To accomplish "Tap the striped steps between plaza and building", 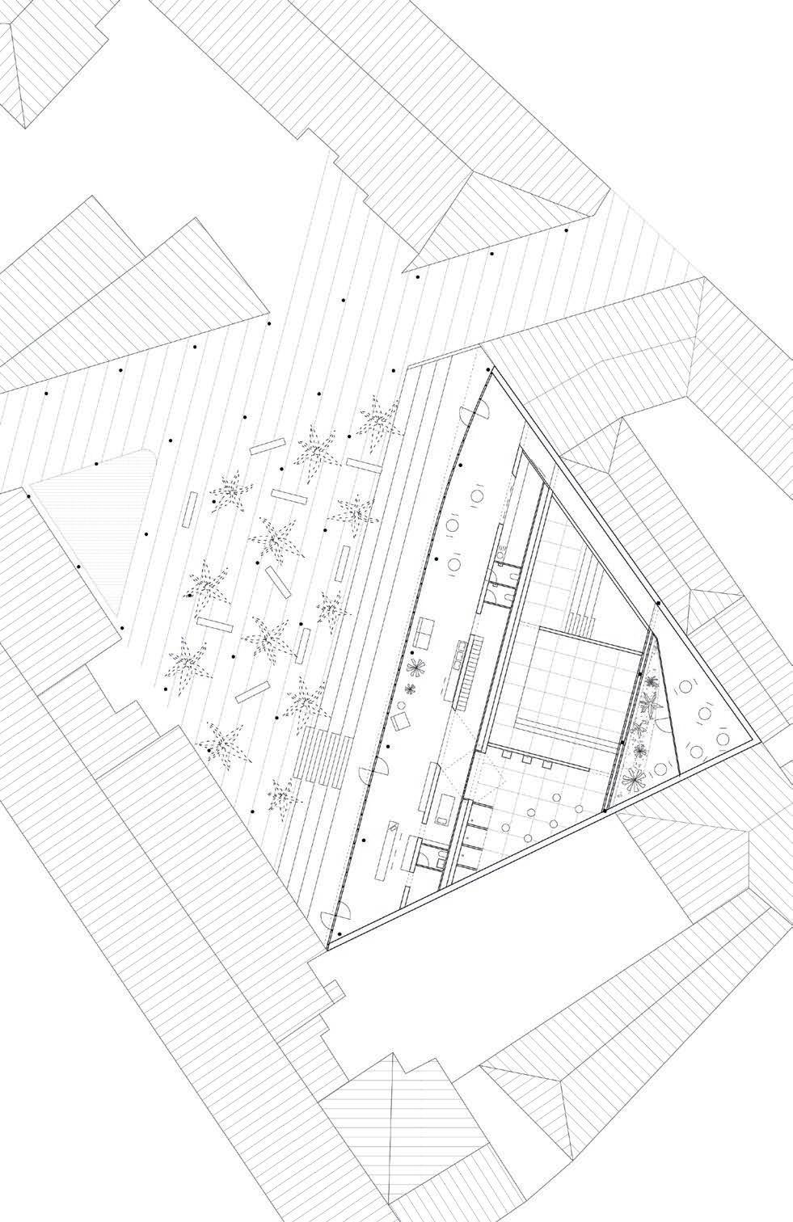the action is (x=328, y=756).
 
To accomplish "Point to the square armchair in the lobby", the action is (x=400, y=722).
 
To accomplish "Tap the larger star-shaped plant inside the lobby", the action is (x=417, y=668).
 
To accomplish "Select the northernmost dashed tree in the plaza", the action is (x=377, y=418).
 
